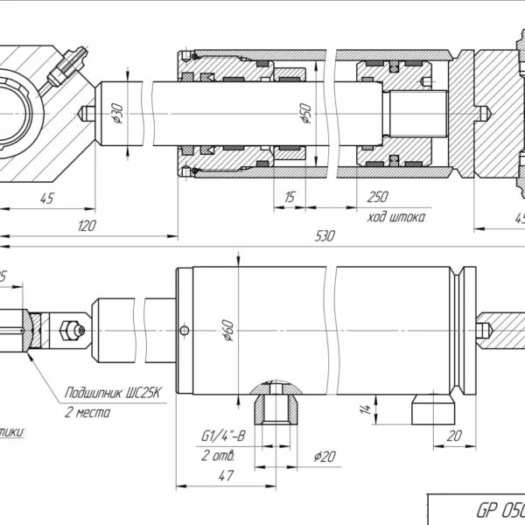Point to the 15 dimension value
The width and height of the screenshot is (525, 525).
pos(289,198)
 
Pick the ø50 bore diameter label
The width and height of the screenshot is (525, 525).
pos(305,114)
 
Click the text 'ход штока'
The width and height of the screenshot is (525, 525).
pos(396,216)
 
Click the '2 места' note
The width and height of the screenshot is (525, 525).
pos(87,411)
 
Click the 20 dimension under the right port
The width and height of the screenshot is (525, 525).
pos(453,436)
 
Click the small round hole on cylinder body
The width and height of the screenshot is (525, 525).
pos(183,330)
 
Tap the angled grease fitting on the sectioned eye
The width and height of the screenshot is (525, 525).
pos(66,65)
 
